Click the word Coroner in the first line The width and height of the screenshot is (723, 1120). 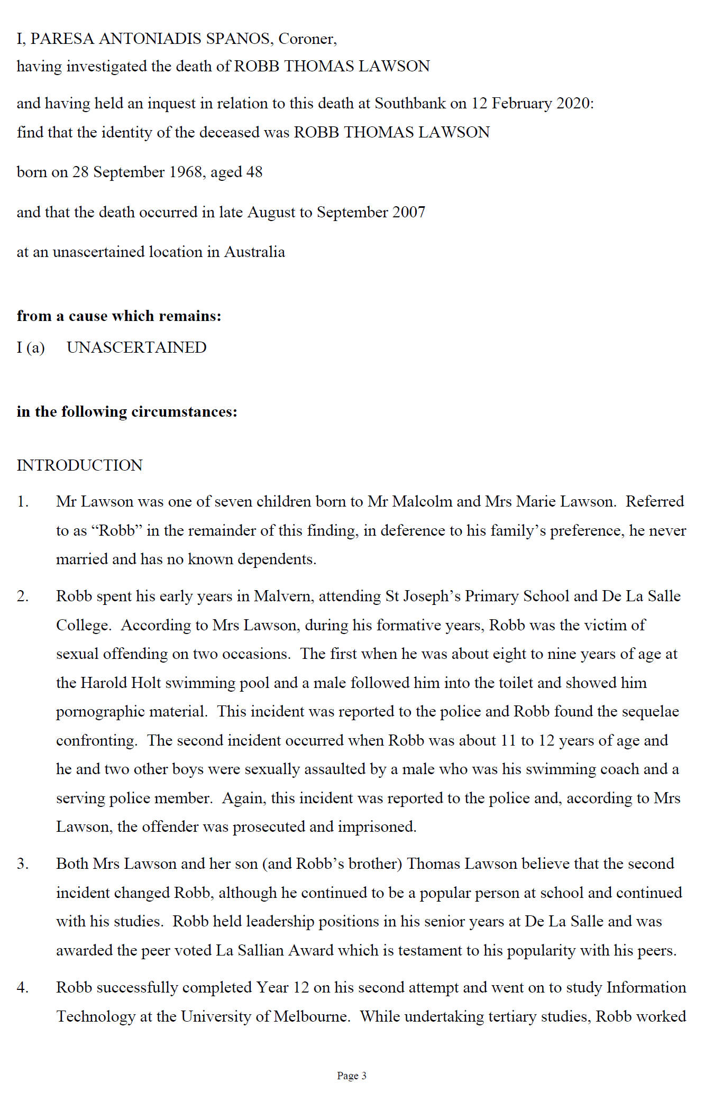coord(307,39)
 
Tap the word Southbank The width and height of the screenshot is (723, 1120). coord(410,103)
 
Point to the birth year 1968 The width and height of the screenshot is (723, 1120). coord(186,172)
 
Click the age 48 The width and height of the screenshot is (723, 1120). coord(254,172)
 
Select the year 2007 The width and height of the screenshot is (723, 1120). coord(408,213)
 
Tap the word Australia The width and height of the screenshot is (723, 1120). coord(254,252)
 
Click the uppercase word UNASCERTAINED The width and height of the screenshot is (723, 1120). coord(136,347)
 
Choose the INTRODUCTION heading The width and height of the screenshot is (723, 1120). coord(79,465)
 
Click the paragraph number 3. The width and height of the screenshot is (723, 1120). coord(22,864)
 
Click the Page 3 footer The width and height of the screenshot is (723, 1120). coord(351,1076)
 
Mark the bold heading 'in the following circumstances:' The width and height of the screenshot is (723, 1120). coord(127,411)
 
